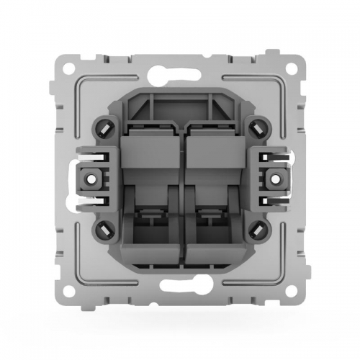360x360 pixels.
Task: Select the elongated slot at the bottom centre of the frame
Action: tap(180, 293)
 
